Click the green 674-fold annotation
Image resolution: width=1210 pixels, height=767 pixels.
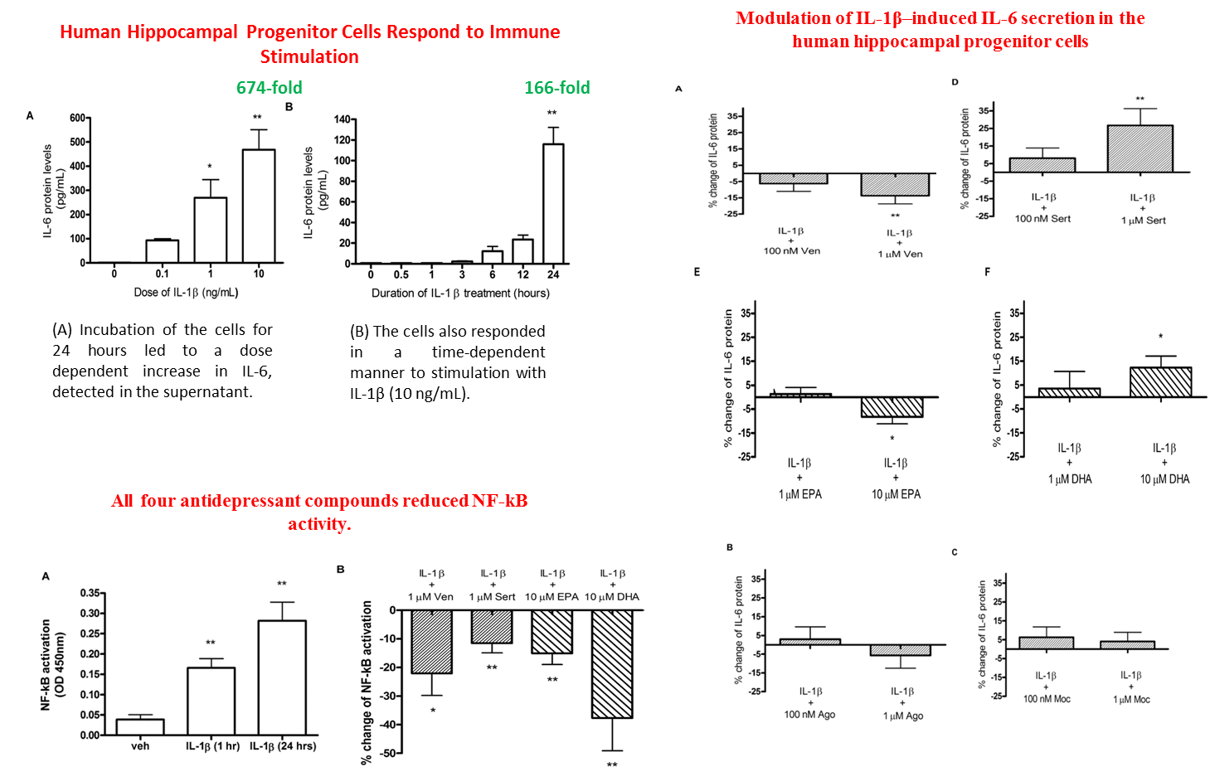(269, 88)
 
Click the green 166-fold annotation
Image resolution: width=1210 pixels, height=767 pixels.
(556, 88)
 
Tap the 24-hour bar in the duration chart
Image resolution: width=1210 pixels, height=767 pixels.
(553, 203)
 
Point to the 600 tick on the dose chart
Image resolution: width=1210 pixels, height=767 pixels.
(77, 118)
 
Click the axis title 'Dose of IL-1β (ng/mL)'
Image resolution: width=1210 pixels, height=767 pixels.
(186, 293)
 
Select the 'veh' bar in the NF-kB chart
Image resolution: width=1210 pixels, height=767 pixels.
(140, 727)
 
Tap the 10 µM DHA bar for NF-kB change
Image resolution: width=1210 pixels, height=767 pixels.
(612, 663)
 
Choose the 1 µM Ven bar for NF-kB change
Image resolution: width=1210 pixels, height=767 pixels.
(431, 641)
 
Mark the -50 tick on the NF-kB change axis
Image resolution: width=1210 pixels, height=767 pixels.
(389, 753)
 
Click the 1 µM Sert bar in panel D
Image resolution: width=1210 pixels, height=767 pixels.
(1140, 149)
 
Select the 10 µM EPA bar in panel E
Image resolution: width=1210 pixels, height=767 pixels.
(892, 407)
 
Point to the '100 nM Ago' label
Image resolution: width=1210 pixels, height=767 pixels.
(809, 715)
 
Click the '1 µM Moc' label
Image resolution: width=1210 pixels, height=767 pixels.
(1131, 700)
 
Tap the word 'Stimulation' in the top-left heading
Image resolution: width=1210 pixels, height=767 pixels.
(309, 57)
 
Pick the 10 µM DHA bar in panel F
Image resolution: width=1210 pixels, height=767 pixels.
(1161, 382)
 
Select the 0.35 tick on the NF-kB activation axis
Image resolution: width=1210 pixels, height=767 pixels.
(90, 594)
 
